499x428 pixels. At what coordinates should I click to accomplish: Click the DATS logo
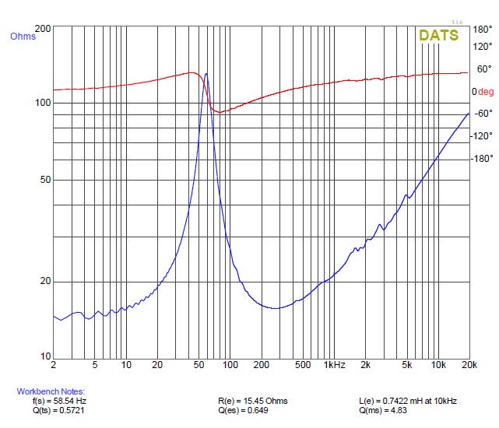(x=438, y=35)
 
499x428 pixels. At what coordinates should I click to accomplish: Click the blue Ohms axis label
(x=23, y=37)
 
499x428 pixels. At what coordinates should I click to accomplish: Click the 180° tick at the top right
(x=483, y=30)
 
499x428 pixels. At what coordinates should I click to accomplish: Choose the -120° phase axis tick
(x=481, y=136)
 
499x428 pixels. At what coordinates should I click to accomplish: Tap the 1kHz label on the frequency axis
(x=336, y=364)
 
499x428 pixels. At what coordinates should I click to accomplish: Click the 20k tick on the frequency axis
(x=468, y=364)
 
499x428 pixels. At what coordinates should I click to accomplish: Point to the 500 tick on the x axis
(x=302, y=364)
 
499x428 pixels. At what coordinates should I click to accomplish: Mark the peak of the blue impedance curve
(x=206, y=74)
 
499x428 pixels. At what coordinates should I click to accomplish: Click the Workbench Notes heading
(x=51, y=391)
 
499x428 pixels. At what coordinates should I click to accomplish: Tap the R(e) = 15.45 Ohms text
(x=253, y=401)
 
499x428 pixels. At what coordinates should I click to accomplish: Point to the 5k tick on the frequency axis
(x=406, y=364)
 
